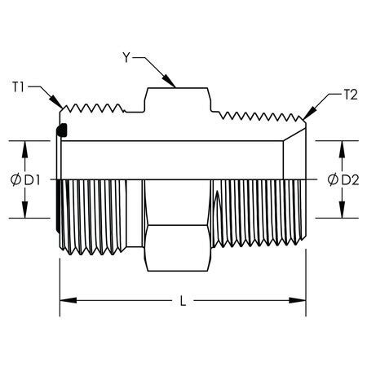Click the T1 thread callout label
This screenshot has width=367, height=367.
pyautogui.click(x=18, y=87)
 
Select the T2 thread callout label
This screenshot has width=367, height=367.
pyautogui.click(x=351, y=95)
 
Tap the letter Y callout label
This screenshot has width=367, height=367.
pyautogui.click(x=126, y=57)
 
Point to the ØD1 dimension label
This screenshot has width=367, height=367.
pyautogui.click(x=25, y=180)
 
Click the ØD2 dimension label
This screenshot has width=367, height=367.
pyautogui.click(x=343, y=179)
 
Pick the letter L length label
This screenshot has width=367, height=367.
pyautogui.click(x=183, y=301)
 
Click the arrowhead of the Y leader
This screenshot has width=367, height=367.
pyautogui.click(x=169, y=81)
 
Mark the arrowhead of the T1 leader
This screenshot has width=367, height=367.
pyautogui.click(x=56, y=102)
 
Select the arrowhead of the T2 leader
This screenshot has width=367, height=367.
pyautogui.click(x=310, y=113)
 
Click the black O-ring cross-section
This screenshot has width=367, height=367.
pyautogui.click(x=62, y=130)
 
